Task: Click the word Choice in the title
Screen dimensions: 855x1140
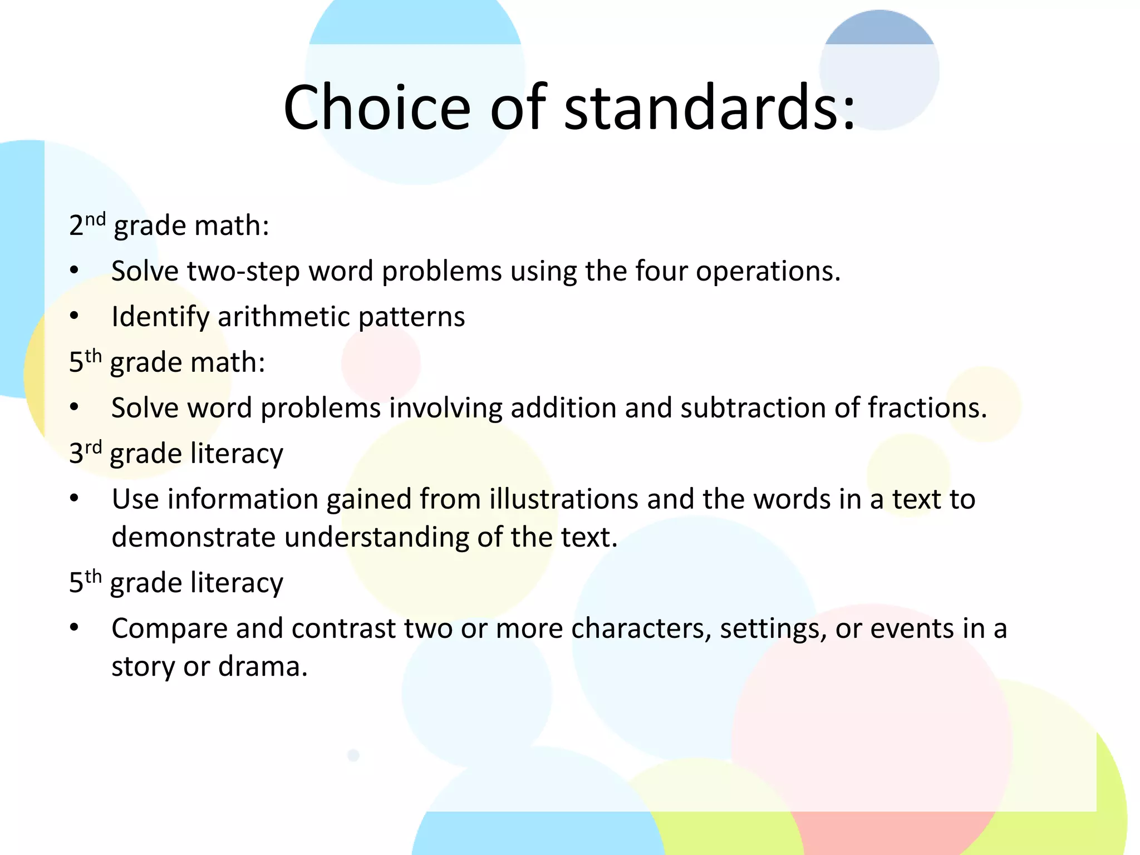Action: coord(377,107)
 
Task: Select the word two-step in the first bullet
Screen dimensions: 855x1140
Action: coord(243,272)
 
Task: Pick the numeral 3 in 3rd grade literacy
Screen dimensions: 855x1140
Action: coord(76,454)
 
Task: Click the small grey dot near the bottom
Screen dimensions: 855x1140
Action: coord(353,755)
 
